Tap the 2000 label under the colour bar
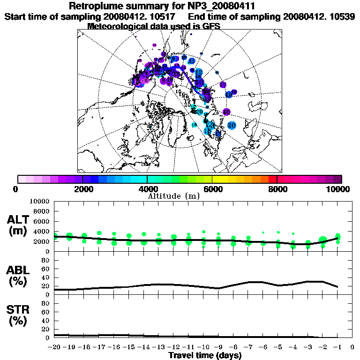82,189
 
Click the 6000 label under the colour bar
212,189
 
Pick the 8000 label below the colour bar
277,189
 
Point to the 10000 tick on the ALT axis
39,202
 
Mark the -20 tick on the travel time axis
54,348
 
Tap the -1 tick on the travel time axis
337,348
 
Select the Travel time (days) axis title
205,355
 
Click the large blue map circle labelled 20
232,125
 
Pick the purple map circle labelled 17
223,85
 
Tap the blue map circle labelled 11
192,61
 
